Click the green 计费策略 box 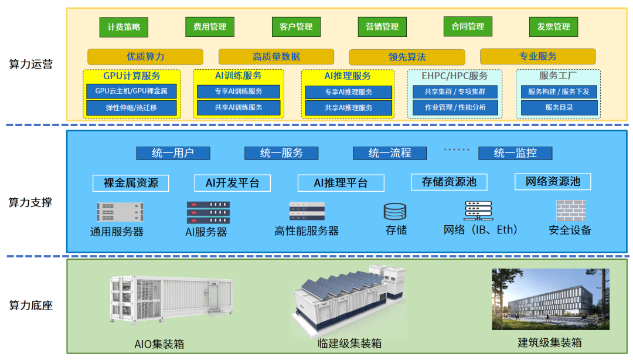(x=124, y=27)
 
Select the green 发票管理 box (x=553, y=27)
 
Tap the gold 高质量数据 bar (x=276, y=57)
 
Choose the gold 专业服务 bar (x=537, y=57)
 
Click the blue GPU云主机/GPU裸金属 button (x=131, y=91)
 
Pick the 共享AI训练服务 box (x=238, y=108)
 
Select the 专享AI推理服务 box (x=348, y=92)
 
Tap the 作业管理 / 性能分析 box (x=455, y=108)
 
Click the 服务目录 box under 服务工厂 (x=559, y=108)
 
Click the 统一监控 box (x=515, y=154)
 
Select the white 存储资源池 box (x=449, y=182)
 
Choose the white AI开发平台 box (x=233, y=183)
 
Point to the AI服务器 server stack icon (x=208, y=212)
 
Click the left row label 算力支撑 (x=30, y=202)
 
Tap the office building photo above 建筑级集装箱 (x=550, y=299)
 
